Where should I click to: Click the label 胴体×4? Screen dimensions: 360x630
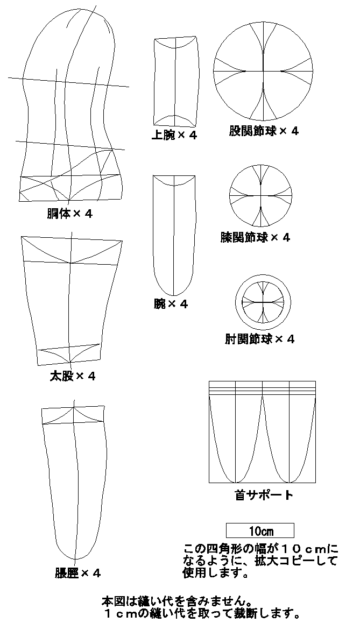[x=69, y=214]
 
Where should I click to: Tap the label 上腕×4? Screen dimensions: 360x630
[x=174, y=135]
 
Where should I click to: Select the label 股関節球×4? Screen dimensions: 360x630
[x=264, y=131]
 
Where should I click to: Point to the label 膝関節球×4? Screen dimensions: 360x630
[x=255, y=237]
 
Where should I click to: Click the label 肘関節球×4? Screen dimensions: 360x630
[x=259, y=339]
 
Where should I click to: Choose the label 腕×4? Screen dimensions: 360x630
[x=171, y=304]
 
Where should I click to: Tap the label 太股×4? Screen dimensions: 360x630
[x=72, y=376]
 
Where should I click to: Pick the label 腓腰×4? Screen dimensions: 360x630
[x=78, y=573]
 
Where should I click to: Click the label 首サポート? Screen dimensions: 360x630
[x=263, y=494]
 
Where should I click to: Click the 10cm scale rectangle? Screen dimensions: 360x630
[x=260, y=530]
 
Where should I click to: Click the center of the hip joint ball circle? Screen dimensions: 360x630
[x=263, y=71]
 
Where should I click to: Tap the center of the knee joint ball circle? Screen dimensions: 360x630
[x=260, y=196]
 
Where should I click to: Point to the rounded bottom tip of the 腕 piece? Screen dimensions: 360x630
[x=174, y=296]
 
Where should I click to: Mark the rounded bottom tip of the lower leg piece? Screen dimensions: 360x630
[x=75, y=560]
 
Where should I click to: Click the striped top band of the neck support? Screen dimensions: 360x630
[x=262, y=388]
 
